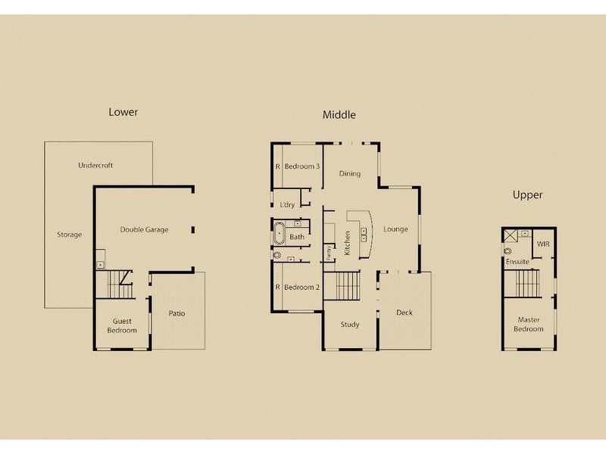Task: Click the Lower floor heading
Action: coord(123,112)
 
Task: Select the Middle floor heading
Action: coord(339,115)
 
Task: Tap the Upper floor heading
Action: coord(527,194)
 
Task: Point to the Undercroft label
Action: coord(95,165)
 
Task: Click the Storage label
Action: coord(69,235)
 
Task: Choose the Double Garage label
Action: coord(144,229)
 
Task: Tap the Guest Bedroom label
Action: coord(122,325)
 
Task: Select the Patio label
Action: coord(177,313)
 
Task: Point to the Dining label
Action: coord(349,174)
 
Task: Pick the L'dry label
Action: coord(287,205)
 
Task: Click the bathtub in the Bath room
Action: coord(279,232)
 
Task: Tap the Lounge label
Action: coord(395,229)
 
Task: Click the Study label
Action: coord(349,325)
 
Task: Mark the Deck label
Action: coord(405,313)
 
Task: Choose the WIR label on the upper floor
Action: coord(542,244)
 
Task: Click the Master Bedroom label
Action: coord(528,324)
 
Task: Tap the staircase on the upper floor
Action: coord(528,285)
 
